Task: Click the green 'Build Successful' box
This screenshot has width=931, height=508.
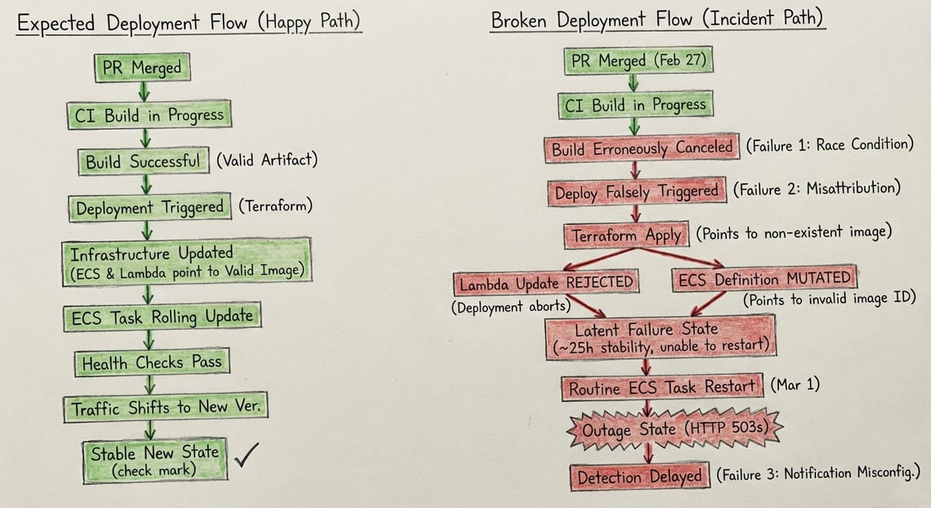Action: [x=144, y=162]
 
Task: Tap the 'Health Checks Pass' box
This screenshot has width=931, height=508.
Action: [x=151, y=362]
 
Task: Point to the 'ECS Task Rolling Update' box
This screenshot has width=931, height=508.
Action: [x=161, y=317]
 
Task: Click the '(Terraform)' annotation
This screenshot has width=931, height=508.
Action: [x=275, y=207]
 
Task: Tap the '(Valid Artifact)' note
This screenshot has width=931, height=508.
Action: [x=267, y=161]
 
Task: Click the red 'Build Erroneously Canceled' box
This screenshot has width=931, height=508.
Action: [x=642, y=147]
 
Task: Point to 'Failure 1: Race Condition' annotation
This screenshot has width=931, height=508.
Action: [x=829, y=145]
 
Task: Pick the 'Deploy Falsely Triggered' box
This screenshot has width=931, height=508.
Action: [x=636, y=192]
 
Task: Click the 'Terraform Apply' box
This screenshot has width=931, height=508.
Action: [x=627, y=235]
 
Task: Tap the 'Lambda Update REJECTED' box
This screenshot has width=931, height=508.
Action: [x=547, y=283]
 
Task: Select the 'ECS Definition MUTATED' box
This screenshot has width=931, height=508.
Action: [x=763, y=279]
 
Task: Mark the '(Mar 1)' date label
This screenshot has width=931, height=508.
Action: [x=795, y=385]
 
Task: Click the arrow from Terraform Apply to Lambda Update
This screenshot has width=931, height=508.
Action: [x=590, y=260]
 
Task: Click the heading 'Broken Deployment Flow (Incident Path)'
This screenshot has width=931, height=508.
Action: [x=658, y=20]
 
